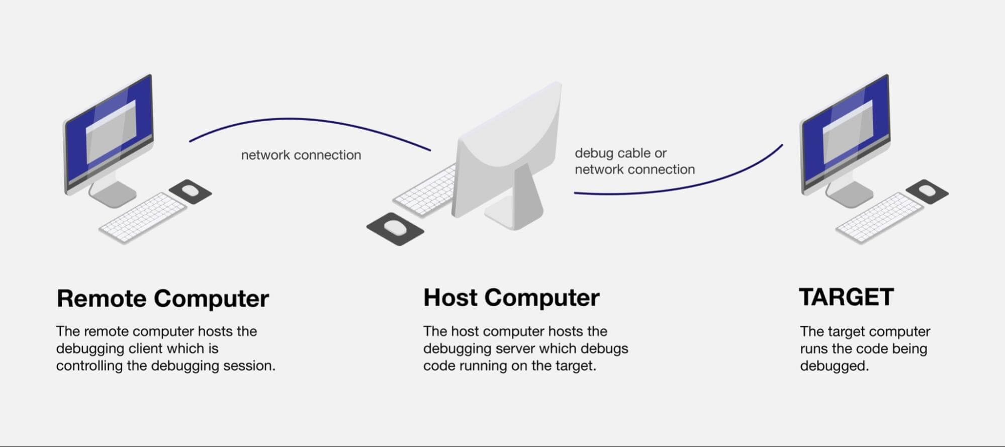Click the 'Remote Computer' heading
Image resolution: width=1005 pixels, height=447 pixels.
click(162, 298)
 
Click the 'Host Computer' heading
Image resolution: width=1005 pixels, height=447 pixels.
click(511, 297)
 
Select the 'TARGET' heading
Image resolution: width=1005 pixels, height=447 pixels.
click(846, 297)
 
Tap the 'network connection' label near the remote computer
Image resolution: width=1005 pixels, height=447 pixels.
click(301, 155)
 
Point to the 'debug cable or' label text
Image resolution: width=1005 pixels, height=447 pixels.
click(620, 153)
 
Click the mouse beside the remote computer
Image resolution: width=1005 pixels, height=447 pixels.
click(190, 191)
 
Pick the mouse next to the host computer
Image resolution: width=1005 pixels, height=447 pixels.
click(395, 228)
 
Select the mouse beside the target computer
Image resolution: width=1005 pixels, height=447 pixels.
click(927, 191)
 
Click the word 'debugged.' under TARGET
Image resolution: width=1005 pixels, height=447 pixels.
click(834, 366)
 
